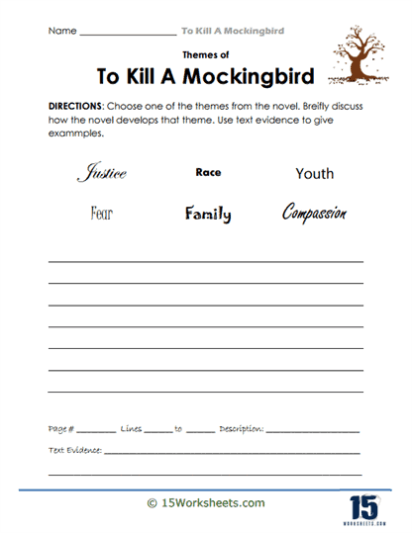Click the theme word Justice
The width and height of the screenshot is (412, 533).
(x=102, y=174)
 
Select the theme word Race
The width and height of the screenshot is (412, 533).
(x=208, y=172)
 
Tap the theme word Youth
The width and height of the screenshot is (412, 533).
(x=314, y=174)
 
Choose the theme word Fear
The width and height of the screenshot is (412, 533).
(x=103, y=213)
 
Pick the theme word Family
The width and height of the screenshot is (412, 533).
(x=207, y=213)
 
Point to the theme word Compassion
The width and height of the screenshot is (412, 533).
(x=314, y=213)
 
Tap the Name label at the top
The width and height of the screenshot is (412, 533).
(x=61, y=31)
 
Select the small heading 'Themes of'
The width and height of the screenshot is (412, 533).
(x=206, y=56)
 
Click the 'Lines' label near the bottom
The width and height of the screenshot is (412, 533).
(x=131, y=430)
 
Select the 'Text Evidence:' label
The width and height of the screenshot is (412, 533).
(x=75, y=450)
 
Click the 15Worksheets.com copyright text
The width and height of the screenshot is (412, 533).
(x=205, y=503)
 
